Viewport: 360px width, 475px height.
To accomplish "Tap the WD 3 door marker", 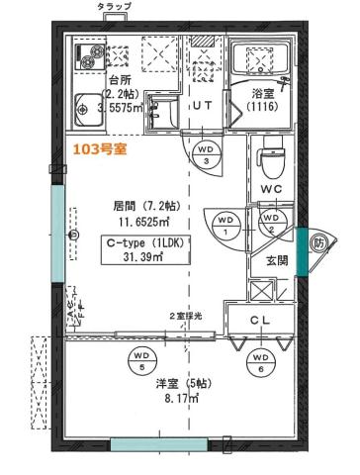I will point(206,153).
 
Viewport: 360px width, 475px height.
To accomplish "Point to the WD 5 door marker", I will point(141,357).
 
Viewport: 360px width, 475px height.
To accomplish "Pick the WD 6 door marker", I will point(260,360).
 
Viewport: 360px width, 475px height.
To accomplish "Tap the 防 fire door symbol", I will point(318,241).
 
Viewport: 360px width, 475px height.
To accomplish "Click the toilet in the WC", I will point(271,157).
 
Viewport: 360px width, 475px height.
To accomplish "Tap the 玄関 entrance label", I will point(277,261).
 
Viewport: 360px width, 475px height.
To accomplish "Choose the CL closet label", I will point(260,320).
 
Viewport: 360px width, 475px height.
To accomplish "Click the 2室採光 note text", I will point(184,315).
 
